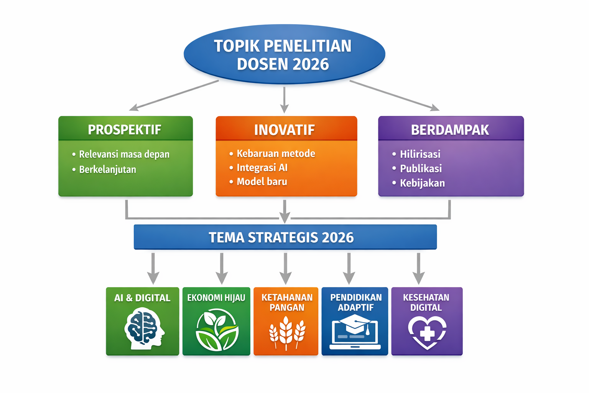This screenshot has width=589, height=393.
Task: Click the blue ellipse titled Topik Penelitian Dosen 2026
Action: coord(285,54)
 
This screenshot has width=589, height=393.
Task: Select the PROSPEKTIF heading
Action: coord(125,130)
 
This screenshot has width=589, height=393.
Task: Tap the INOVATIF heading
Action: coord(285,130)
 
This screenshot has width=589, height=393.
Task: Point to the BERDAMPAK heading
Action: coord(450,130)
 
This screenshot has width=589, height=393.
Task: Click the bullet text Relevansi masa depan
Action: coord(124,154)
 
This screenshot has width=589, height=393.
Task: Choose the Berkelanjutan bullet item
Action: coord(107,170)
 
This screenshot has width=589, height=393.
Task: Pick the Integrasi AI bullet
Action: coord(262,168)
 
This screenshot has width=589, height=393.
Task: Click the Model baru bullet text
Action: coord(262,182)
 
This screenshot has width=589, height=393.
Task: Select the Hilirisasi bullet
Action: coord(420,154)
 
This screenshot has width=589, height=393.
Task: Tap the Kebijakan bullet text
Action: coord(422,183)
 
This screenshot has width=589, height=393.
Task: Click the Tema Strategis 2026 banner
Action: coord(285,237)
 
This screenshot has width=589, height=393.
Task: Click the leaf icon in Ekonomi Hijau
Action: coord(217,330)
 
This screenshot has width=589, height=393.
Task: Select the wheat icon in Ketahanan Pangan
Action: coord(286,333)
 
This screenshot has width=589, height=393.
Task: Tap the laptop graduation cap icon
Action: coord(355,332)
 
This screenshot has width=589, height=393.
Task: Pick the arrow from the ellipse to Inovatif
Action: coord(284,100)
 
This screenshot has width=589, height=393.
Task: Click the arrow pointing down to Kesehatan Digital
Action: coord(419,269)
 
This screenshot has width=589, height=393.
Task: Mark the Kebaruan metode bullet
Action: coord(276,154)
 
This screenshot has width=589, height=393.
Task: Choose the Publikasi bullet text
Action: coord(421,169)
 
